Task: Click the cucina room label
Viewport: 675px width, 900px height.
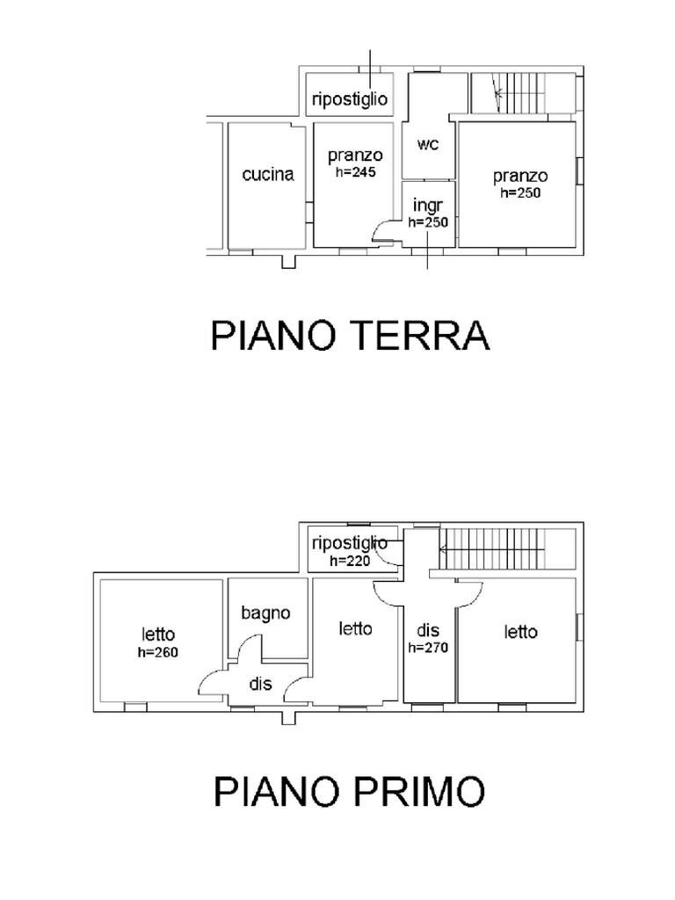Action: pos(268,175)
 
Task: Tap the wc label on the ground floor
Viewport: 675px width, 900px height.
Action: pos(428,144)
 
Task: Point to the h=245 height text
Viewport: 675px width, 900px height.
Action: pos(356,173)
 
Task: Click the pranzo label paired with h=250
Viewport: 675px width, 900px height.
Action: pos(520,177)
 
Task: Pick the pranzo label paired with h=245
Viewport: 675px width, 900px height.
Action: pos(355,156)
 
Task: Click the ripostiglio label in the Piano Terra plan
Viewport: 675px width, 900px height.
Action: pos(350,99)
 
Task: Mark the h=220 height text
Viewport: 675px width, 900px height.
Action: pos(351,560)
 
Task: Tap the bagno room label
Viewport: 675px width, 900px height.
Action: pos(266,613)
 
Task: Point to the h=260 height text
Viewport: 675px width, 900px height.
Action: pos(159,652)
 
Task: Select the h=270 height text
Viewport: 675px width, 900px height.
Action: pos(429,648)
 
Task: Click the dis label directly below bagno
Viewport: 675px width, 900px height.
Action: pos(260,684)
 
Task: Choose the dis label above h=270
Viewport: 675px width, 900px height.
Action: pos(428,630)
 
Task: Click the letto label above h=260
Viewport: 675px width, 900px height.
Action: pos(159,635)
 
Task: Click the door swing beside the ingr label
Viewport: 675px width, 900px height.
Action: pos(385,231)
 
